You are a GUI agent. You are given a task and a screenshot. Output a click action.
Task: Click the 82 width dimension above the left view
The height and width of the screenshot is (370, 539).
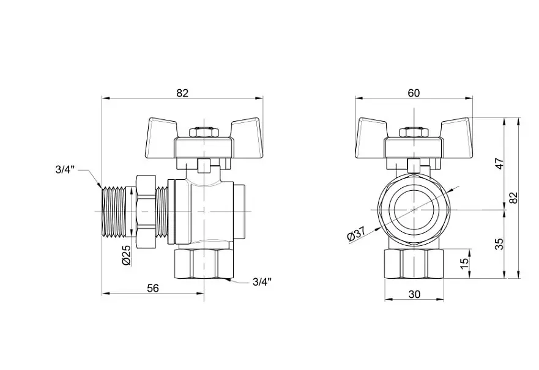tap(182, 93)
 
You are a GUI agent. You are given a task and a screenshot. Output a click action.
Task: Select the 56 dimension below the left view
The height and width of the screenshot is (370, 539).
tap(153, 288)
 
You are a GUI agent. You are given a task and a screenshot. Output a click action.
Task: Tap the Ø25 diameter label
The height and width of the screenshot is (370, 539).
tap(126, 255)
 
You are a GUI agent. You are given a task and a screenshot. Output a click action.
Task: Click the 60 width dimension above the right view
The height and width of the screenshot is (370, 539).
tap(414, 93)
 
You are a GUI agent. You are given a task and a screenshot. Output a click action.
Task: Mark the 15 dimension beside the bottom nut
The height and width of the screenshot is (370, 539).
tap(464, 263)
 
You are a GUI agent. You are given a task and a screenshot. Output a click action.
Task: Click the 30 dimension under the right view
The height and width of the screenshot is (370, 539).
tap(415, 294)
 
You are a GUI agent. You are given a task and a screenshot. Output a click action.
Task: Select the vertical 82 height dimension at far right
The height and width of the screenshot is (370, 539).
tap(513, 198)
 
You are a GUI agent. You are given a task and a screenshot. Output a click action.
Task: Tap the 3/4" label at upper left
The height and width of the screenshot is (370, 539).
tap(65, 170)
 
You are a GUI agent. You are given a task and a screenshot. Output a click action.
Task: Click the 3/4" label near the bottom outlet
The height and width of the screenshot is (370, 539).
tap(262, 282)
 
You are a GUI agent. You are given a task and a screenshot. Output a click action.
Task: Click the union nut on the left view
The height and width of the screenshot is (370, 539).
tap(146, 212)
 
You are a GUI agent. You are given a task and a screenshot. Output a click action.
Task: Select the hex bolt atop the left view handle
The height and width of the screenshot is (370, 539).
tap(204, 133)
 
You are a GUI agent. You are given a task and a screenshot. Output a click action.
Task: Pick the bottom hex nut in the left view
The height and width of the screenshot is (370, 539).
tap(204, 264)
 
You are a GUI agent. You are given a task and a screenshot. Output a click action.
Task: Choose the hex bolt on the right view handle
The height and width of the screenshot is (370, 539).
tap(414, 133)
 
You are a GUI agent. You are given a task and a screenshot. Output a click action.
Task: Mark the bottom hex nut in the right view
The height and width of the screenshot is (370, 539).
tap(414, 264)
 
